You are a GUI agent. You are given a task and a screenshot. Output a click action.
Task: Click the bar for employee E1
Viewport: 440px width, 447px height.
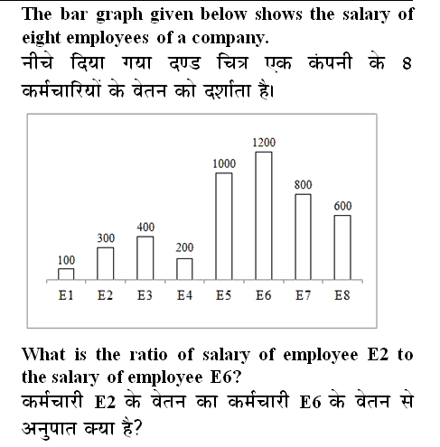[66, 274]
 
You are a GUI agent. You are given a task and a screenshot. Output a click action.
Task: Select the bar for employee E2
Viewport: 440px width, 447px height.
[106, 263]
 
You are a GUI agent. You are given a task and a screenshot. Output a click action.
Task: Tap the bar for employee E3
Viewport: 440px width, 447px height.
[145, 257]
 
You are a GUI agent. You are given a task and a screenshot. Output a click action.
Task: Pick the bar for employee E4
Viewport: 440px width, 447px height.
[184, 268]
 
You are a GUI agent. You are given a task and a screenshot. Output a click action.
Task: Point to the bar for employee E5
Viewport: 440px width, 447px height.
[223, 226]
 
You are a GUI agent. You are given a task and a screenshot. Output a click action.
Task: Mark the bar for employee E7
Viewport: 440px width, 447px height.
[303, 237]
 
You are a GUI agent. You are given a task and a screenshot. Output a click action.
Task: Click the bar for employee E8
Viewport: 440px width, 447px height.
[342, 247]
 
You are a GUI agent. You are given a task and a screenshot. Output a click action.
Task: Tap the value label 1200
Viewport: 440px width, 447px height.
[264, 143]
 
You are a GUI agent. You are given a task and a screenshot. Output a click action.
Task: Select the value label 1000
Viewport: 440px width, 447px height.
[224, 163]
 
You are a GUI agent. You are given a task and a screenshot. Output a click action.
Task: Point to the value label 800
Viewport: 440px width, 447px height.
[303, 184]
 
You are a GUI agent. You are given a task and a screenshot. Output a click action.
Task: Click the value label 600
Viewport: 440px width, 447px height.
[342, 206]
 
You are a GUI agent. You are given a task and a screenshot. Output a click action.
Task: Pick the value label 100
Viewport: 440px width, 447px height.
[66, 260]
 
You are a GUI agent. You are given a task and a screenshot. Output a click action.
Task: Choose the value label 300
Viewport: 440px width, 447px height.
[106, 237]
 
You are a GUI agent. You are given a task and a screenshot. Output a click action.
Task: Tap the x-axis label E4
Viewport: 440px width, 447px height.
[184, 294]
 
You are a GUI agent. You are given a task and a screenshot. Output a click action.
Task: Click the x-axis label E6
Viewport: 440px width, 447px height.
[264, 294]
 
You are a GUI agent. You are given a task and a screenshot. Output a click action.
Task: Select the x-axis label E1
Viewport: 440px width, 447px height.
[66, 294]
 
